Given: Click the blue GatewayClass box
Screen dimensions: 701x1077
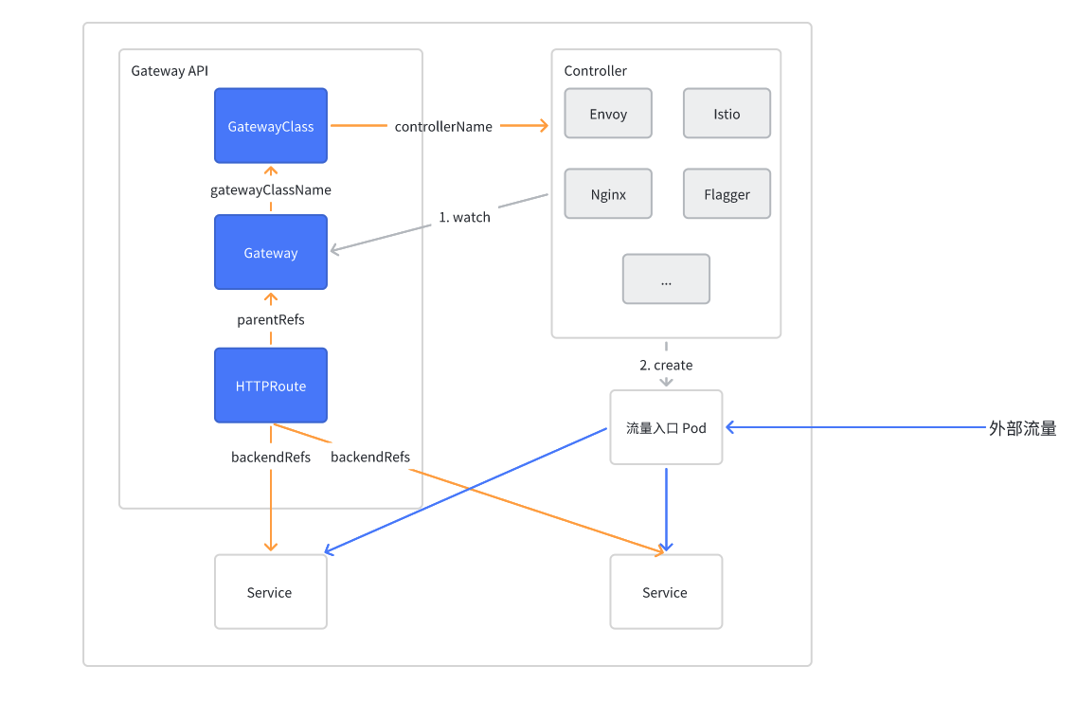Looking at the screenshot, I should point(271,125).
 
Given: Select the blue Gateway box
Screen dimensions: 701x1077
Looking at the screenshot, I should point(271,252).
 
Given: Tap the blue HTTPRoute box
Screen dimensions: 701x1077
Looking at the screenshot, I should point(271,386).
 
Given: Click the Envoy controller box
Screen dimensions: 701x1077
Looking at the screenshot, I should point(608,114).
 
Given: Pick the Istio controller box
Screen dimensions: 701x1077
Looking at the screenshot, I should point(727,114).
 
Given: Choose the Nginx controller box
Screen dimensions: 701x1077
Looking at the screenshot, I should point(608,194).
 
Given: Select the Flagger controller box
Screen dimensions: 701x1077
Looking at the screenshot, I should point(727,194).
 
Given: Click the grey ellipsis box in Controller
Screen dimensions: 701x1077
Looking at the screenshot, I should point(666,279).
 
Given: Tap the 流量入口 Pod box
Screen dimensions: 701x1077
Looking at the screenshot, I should point(666,427).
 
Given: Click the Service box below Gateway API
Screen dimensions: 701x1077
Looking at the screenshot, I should point(270,592).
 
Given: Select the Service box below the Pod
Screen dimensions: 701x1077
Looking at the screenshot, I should point(665,592).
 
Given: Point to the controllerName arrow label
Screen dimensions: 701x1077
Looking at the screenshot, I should point(443,126).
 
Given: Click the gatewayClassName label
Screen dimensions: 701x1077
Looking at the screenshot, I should point(271,189).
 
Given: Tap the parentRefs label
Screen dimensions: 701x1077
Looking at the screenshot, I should point(271,319).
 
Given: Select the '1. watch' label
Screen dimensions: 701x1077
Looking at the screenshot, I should point(464,217).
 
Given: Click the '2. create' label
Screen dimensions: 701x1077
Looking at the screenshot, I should point(666,365).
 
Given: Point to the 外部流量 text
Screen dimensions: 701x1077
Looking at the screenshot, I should point(1022,428).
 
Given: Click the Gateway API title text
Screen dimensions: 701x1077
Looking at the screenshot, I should point(170,71).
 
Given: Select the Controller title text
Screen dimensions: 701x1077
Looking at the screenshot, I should point(595,71).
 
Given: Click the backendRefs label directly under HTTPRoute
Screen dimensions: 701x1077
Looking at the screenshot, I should point(271,457).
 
